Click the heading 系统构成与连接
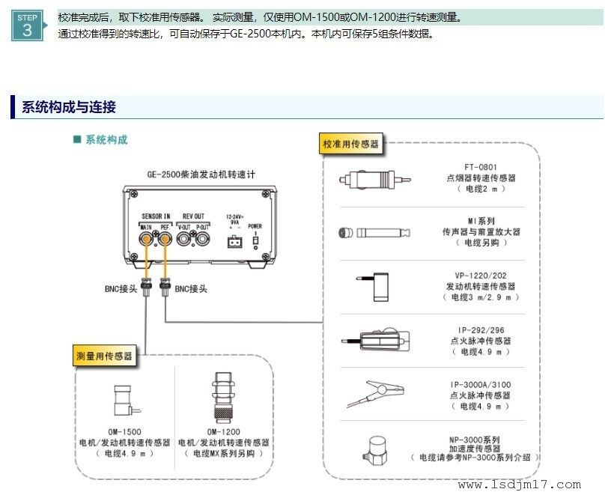tap(68, 107)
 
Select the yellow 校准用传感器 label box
tap(350, 143)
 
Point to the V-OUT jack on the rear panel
tap(184, 240)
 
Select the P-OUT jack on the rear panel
tap(203, 240)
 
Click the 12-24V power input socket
tap(234, 241)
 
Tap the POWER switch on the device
tap(255, 241)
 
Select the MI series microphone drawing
tap(373, 232)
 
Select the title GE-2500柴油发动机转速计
tap(201, 174)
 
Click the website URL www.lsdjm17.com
tap(519, 485)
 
